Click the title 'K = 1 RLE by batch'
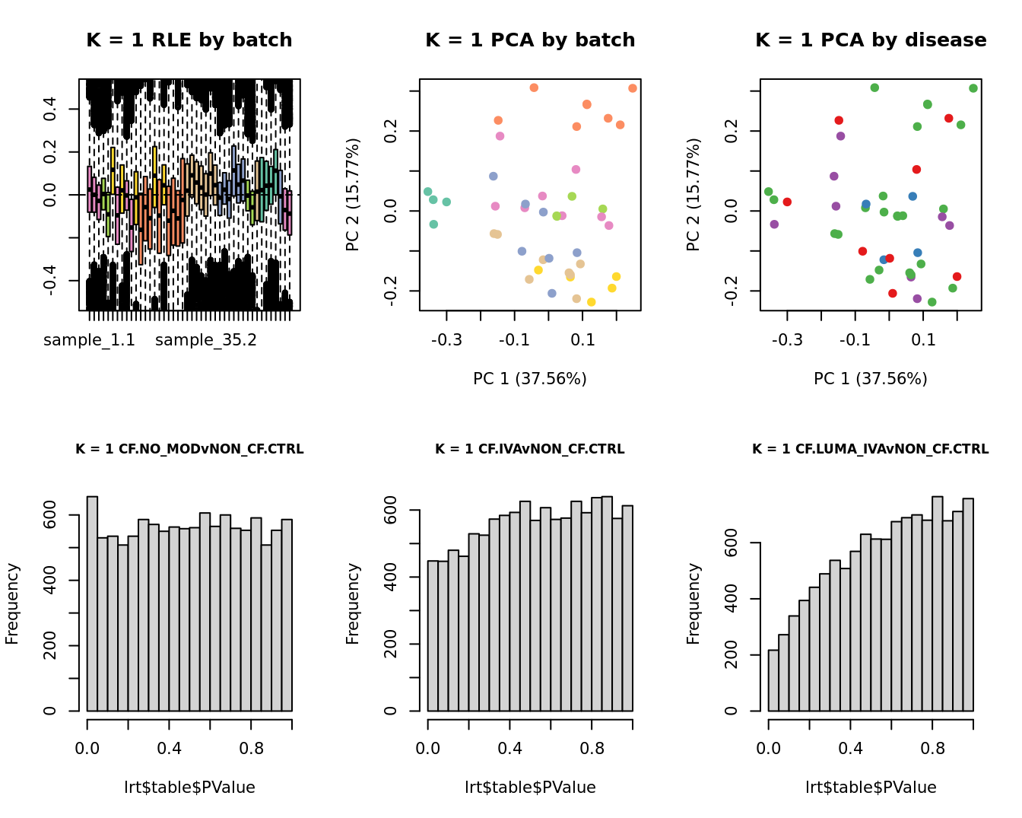click(189, 40)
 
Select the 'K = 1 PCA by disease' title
click(871, 40)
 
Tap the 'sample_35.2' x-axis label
click(206, 340)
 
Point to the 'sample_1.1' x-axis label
click(89, 340)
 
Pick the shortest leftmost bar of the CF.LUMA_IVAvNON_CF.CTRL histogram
click(773, 680)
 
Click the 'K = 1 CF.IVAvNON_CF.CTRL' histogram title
click(530, 449)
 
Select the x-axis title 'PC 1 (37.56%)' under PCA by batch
click(530, 378)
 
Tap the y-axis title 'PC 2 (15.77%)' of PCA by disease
click(693, 195)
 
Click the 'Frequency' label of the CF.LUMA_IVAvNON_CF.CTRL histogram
click(693, 603)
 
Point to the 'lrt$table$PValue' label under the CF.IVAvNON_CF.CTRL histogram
click(530, 788)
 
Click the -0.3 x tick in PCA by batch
click(446, 339)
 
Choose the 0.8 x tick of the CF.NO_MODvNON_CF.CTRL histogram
click(252, 748)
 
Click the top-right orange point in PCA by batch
click(633, 88)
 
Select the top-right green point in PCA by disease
click(973, 88)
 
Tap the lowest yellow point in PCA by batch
click(591, 302)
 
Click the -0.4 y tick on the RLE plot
click(50, 281)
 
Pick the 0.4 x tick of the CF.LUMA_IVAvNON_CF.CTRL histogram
click(850, 748)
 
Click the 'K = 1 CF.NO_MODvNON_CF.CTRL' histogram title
click(189, 449)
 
